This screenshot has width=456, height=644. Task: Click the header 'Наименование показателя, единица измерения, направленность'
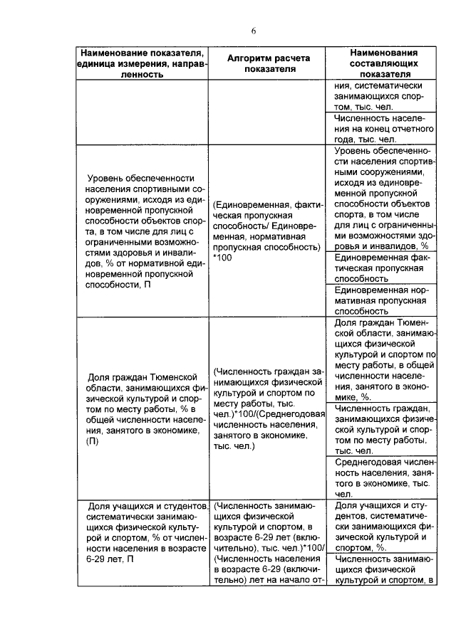(x=143, y=63)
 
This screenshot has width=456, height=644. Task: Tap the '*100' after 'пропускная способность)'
(x=223, y=257)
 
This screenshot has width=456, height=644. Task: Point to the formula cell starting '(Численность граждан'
(x=267, y=409)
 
